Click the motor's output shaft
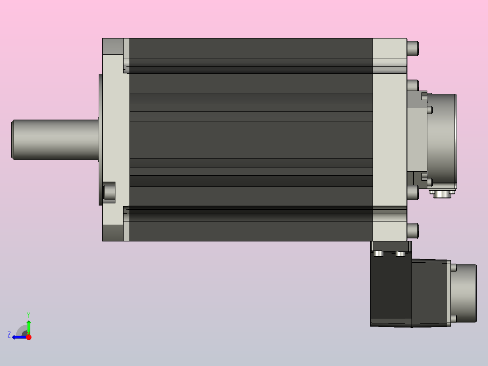(55, 140)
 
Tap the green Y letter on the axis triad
(29, 315)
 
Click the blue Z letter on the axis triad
(9, 335)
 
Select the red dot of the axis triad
(29, 337)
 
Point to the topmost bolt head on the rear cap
(413, 48)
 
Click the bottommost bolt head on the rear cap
(413, 231)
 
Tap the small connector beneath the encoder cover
(442, 193)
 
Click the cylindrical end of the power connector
(464, 293)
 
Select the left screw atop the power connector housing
(378, 254)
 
